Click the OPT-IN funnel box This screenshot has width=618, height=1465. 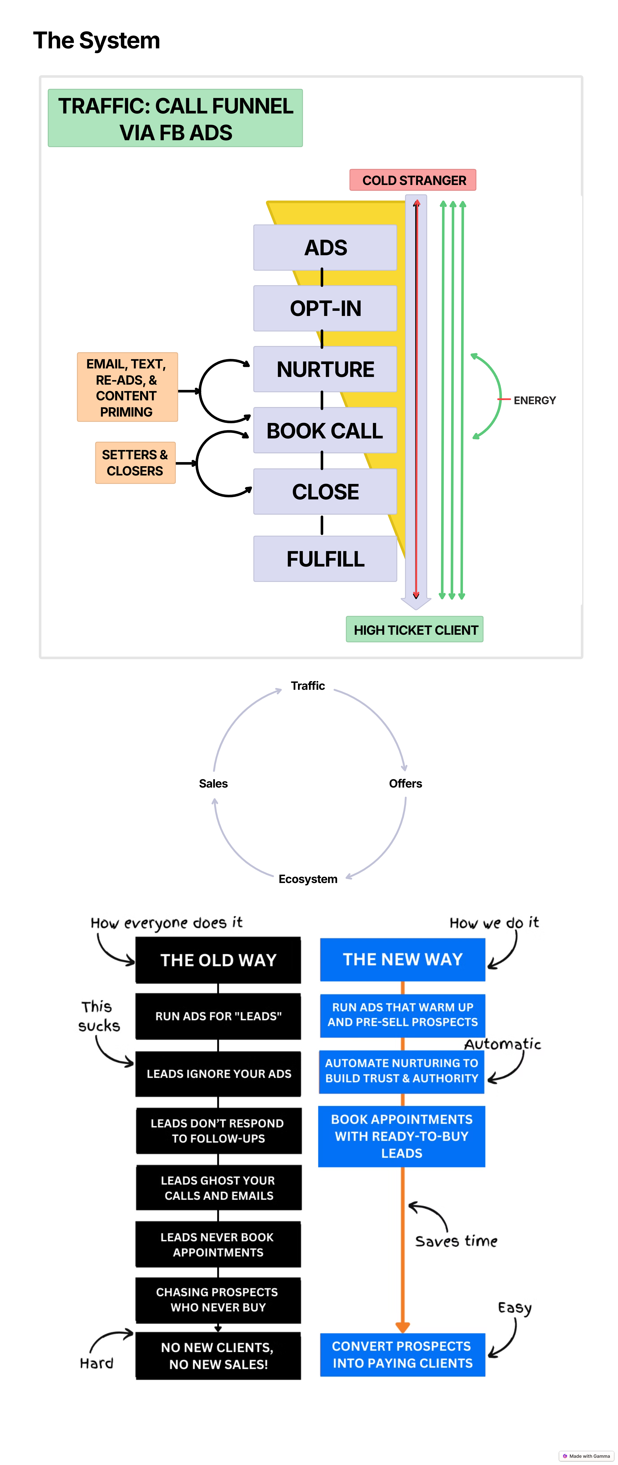click(325, 308)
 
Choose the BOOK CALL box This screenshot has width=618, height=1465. click(325, 430)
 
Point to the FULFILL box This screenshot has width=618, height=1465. click(325, 559)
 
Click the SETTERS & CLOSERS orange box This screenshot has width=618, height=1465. click(135, 463)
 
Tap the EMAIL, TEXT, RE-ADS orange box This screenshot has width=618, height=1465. click(127, 387)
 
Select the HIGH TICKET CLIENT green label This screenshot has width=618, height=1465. click(415, 630)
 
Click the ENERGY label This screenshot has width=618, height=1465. click(534, 400)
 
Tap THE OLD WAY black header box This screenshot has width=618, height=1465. click(218, 960)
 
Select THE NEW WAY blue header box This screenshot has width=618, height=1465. click(402, 959)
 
